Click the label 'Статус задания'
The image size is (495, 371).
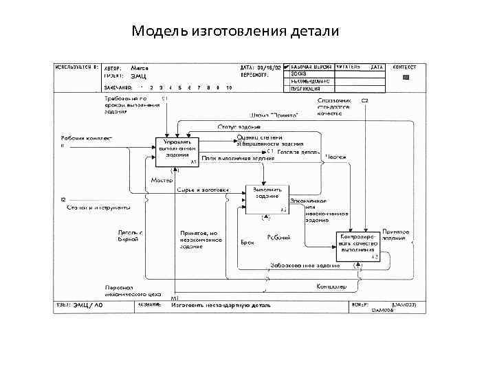239,127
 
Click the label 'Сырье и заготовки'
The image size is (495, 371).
201,189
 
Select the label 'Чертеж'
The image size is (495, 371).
335,157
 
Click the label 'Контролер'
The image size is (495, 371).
331,285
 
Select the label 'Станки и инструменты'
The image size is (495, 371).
98,207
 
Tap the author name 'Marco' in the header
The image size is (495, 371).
140,68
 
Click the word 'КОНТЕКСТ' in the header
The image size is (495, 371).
404,67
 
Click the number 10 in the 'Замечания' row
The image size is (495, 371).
228,89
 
